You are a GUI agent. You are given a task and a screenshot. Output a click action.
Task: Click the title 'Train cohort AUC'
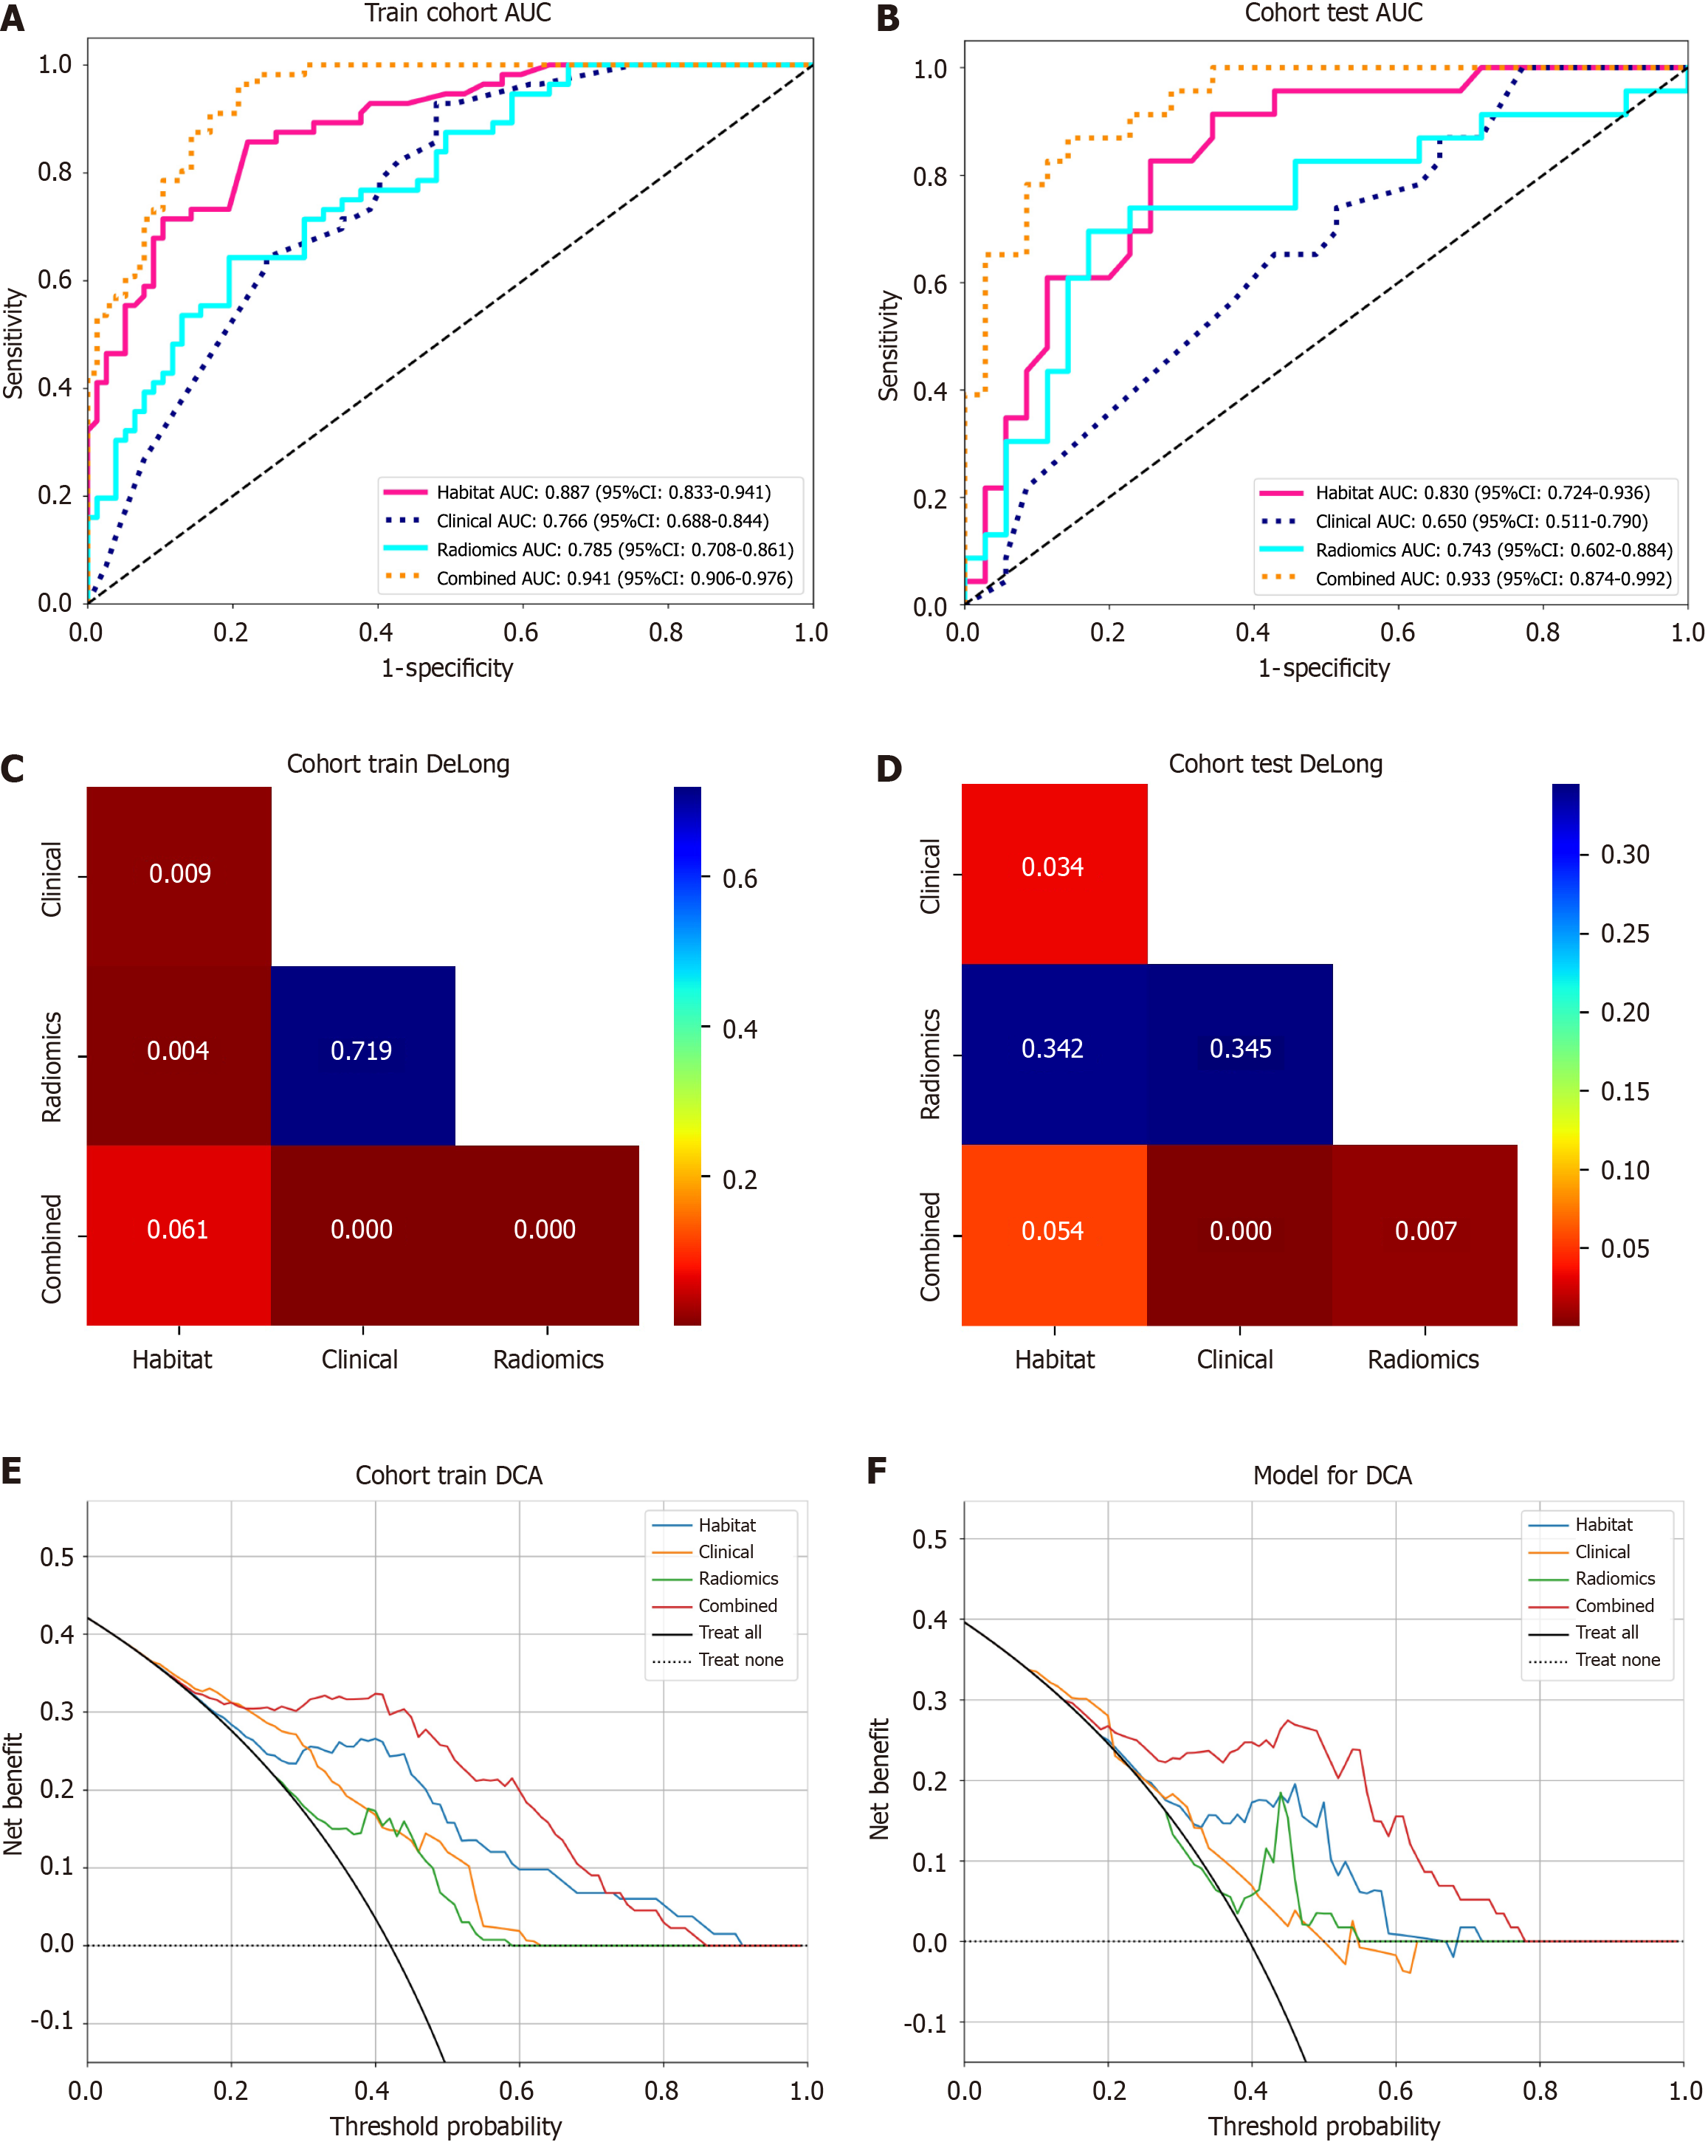[457, 13]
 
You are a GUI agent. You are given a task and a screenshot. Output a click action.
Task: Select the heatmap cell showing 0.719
[362, 1051]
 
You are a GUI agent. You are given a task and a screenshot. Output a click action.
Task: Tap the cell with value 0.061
[178, 1230]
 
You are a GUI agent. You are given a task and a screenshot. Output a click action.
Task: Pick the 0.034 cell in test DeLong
[1053, 867]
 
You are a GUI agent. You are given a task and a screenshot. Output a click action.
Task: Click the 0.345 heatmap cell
[1240, 1049]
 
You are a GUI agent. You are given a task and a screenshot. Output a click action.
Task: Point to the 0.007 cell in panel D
[1426, 1232]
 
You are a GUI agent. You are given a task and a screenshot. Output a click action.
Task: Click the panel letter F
[876, 1470]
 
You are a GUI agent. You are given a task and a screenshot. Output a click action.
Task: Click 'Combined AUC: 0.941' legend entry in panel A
[614, 578]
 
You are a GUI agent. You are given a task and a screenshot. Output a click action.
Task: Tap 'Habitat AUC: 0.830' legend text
[1482, 493]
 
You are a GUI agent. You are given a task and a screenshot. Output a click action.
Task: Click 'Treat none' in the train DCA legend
[740, 1660]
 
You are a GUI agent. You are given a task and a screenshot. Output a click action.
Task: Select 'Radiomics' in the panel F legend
[1614, 1579]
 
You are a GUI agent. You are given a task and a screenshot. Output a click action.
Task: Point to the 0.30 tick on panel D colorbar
[1625, 855]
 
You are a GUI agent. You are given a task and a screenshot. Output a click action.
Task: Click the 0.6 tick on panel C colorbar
[740, 879]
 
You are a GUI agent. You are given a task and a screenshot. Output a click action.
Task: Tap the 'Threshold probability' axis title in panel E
[445, 2126]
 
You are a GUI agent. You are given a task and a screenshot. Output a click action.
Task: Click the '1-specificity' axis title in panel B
[1323, 669]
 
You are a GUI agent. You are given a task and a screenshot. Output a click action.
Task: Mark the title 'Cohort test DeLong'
[1275, 764]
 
